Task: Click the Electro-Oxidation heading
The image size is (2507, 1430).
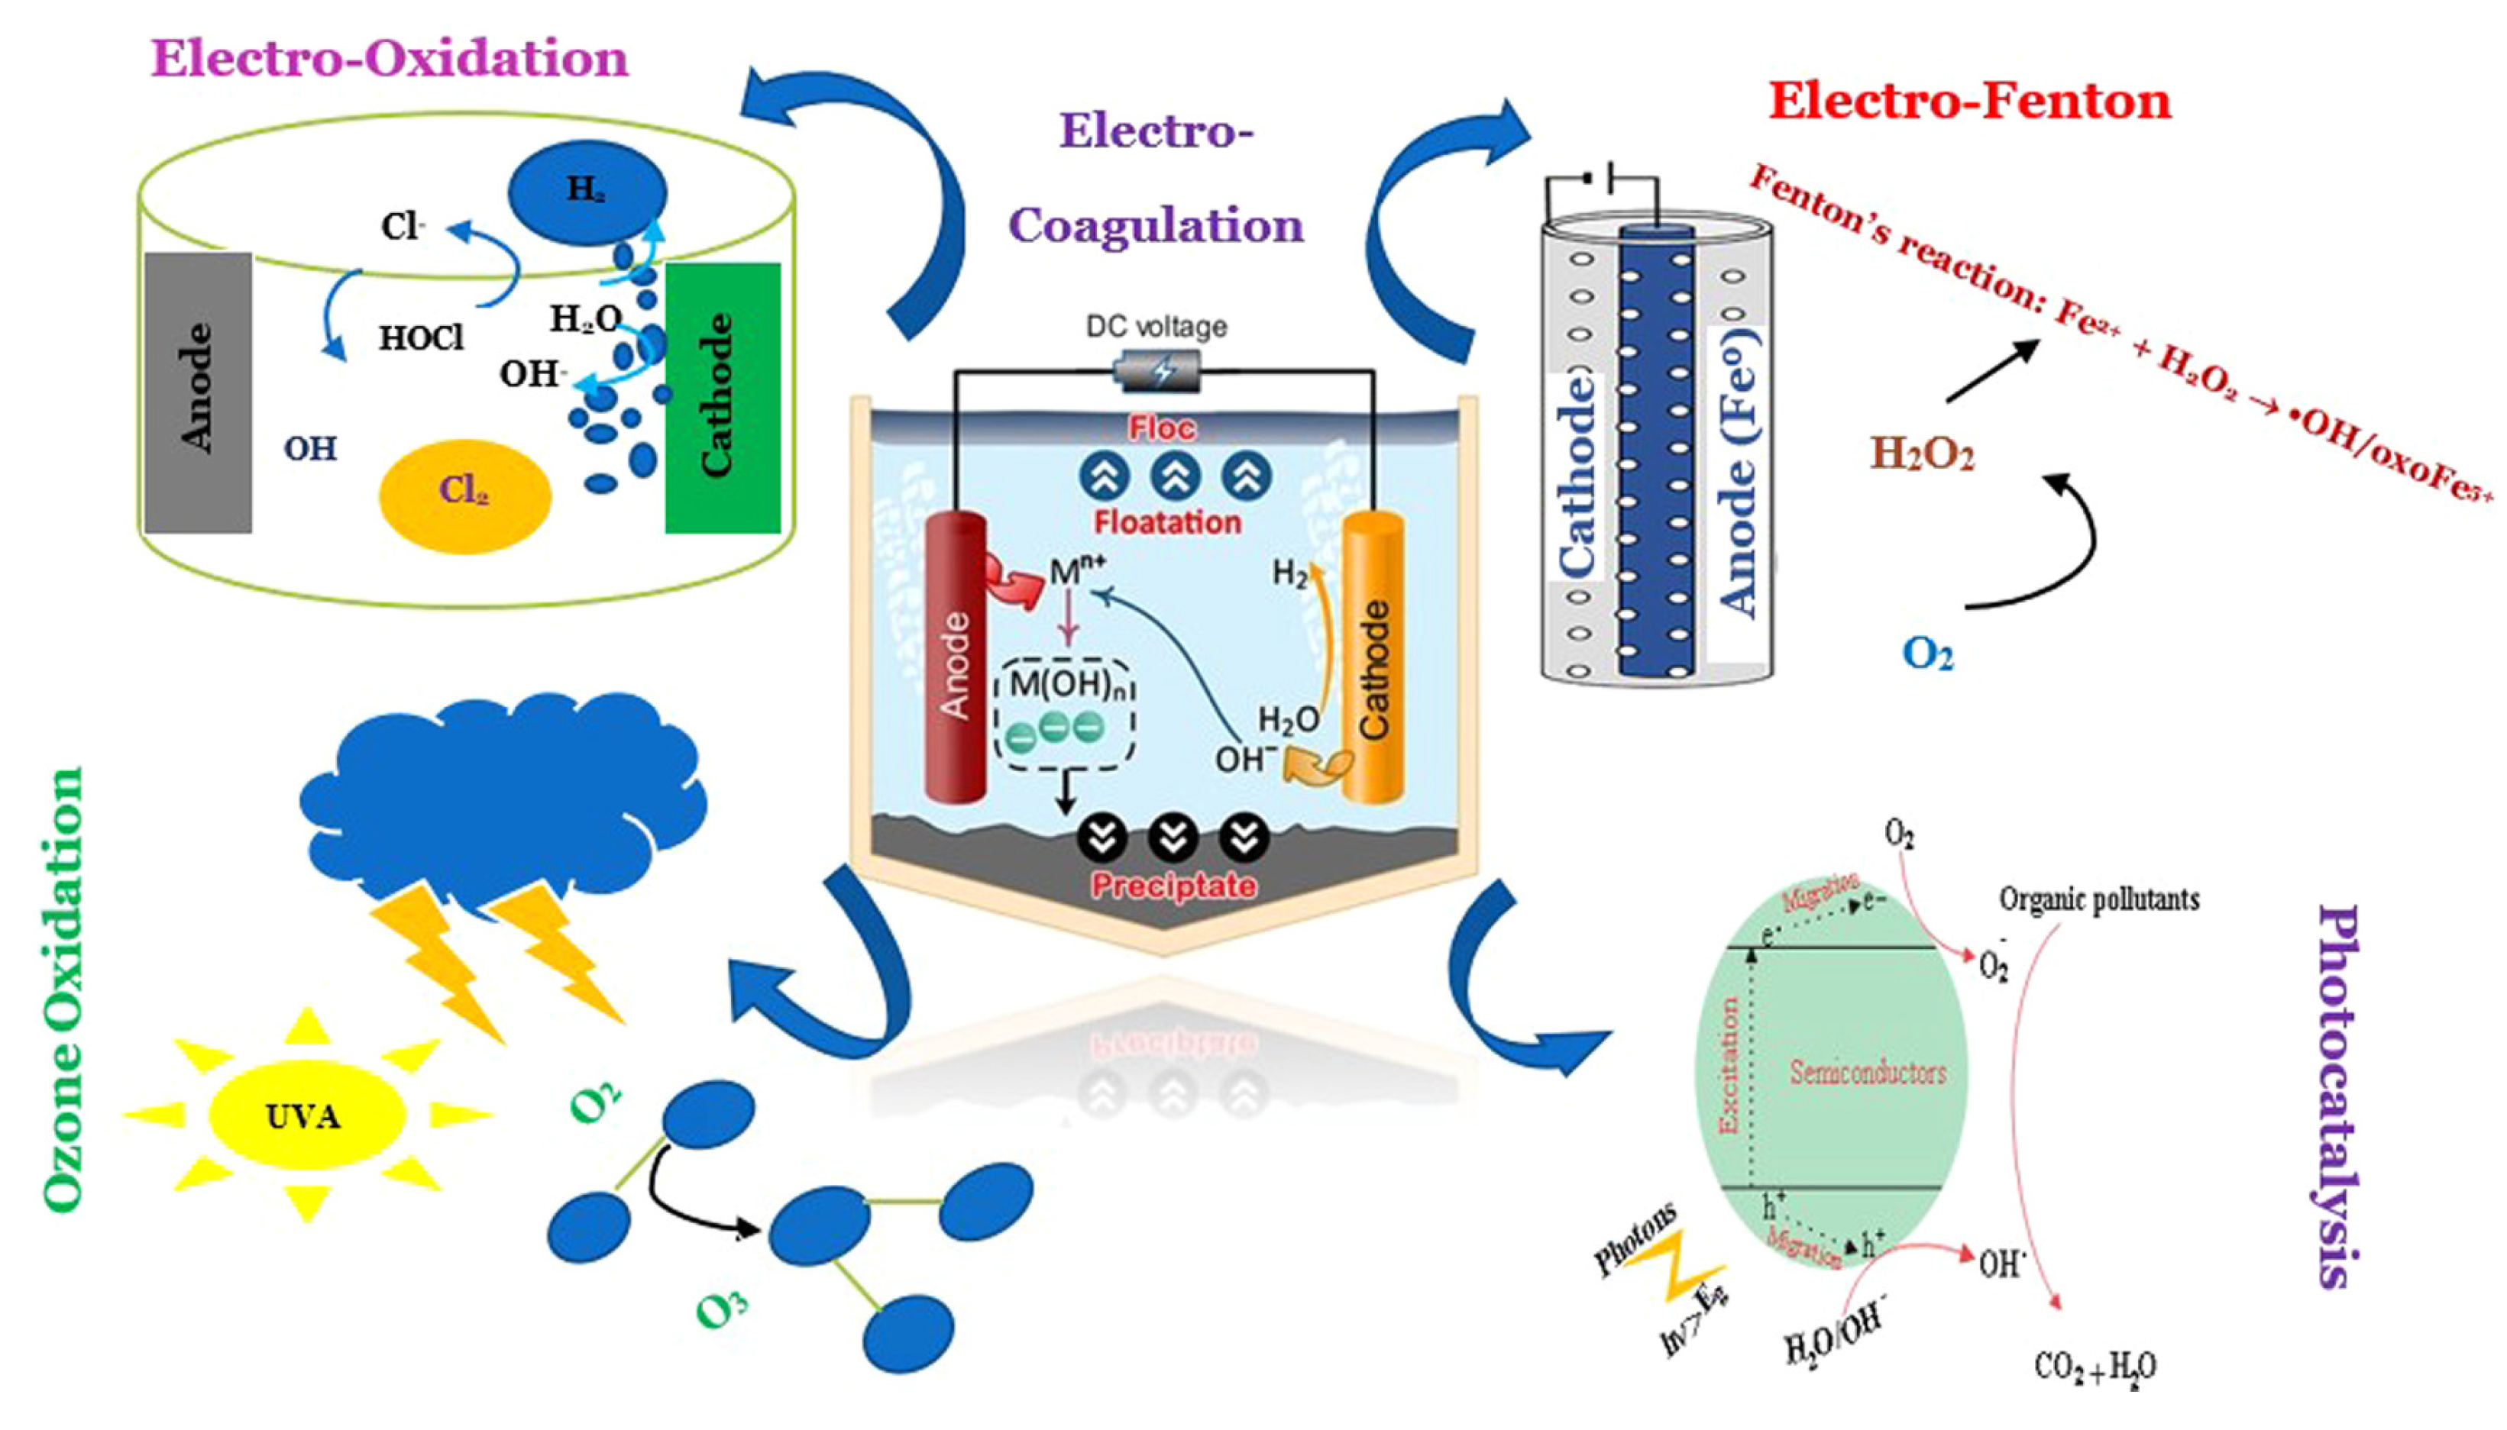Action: click(389, 59)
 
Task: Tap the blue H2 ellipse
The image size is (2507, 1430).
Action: click(587, 191)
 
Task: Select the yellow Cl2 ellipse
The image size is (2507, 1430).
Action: click(464, 494)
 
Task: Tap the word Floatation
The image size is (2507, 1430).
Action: click(1167, 521)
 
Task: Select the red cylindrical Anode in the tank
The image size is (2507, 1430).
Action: click(955, 658)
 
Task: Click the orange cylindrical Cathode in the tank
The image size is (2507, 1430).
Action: click(1373, 658)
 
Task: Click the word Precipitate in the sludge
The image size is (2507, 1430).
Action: click(1173, 886)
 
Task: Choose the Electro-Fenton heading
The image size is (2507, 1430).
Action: click(1970, 101)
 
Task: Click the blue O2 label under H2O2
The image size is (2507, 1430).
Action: click(1926, 653)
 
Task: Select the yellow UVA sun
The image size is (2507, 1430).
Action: click(306, 1115)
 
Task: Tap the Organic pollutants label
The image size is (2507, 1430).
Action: click(2099, 899)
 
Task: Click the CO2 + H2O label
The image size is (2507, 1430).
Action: click(2095, 1366)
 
